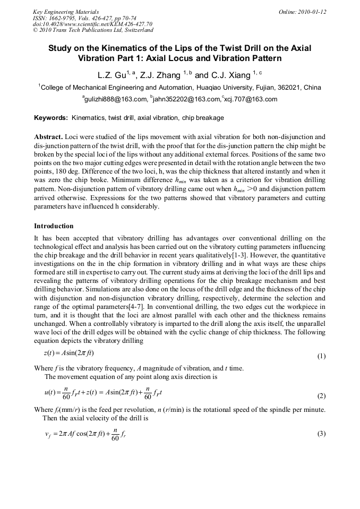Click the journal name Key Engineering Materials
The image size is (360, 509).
click(65, 12)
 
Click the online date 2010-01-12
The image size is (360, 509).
click(302, 12)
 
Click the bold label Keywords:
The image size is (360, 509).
click(51, 118)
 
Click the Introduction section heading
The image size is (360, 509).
click(54, 226)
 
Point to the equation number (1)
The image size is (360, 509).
click(321, 356)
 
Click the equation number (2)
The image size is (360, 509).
click(321, 396)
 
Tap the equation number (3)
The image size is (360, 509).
click(321, 434)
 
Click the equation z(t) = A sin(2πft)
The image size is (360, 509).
click(69, 353)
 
